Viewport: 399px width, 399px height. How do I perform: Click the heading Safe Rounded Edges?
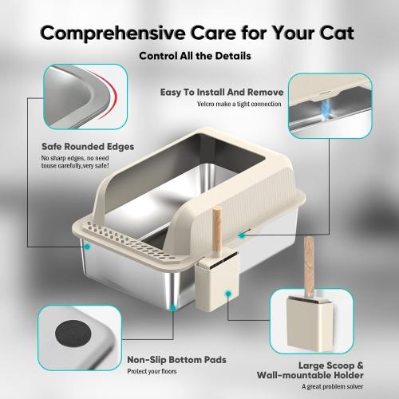point(88,147)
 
